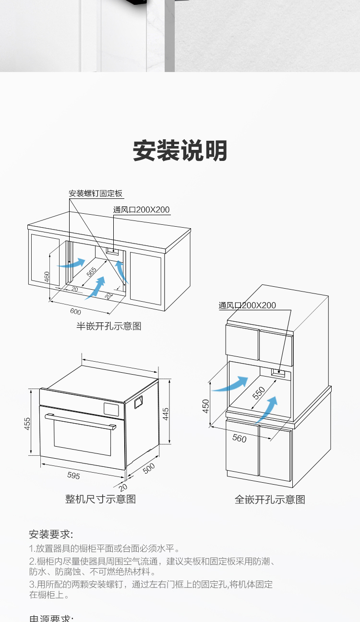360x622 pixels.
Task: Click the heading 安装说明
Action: [180, 151]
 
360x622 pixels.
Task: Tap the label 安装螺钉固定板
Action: [96, 194]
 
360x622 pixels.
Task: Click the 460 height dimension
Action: [47, 277]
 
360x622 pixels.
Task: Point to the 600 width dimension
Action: [75, 311]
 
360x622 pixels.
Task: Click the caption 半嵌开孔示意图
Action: [109, 326]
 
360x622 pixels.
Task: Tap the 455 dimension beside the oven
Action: [27, 423]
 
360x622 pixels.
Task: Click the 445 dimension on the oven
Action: [165, 414]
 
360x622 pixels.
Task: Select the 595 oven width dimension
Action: [73, 476]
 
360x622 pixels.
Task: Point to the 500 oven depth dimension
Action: [149, 468]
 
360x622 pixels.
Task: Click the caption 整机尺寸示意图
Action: [101, 499]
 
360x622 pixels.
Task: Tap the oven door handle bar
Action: [80, 421]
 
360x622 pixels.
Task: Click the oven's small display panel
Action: [113, 409]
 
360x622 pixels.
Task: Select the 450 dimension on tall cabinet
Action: [205, 406]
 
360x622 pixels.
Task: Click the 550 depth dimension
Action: [259, 393]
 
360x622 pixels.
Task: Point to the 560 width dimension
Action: [239, 438]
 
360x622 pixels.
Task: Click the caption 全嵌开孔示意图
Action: [270, 500]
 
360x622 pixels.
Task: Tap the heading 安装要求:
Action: [51, 534]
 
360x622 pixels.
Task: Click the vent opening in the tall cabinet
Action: [278, 371]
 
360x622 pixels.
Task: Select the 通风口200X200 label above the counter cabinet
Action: [142, 209]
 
